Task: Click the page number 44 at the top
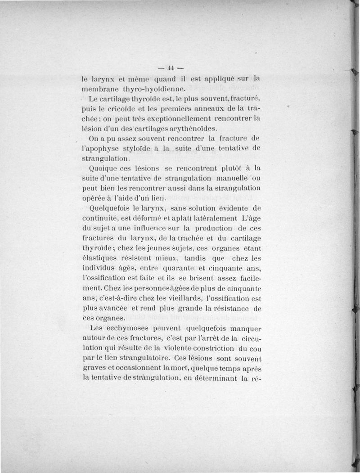pyautogui.click(x=171, y=68)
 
